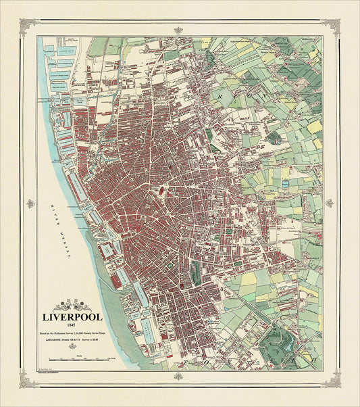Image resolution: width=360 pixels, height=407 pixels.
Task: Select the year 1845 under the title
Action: point(72,325)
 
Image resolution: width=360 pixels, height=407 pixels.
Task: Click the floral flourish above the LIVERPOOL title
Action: point(72,305)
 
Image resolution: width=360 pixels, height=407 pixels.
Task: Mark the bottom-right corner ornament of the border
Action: point(331,379)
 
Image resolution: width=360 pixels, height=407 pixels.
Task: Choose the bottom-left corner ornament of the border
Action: point(28,379)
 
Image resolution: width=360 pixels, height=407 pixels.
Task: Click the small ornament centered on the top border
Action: point(178,30)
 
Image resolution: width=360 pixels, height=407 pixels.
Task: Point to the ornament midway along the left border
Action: point(30,203)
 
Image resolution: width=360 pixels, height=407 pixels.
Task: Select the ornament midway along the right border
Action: point(329,203)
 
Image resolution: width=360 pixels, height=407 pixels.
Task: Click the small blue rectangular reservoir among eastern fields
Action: point(285,183)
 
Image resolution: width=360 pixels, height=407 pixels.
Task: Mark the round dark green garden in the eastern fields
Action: point(274,137)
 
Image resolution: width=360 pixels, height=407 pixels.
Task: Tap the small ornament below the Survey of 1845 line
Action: point(72,348)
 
